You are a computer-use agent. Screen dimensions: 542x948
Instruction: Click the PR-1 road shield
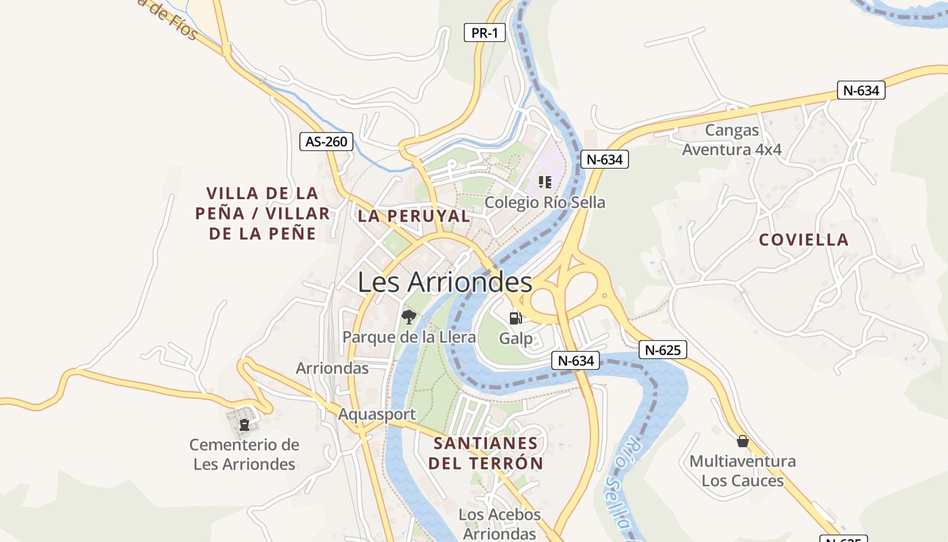[x=485, y=33]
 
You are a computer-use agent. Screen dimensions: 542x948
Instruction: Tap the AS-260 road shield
[x=326, y=142]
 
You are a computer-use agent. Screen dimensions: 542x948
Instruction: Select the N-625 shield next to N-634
[x=662, y=350]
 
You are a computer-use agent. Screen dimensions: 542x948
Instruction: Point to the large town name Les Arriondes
[x=445, y=283]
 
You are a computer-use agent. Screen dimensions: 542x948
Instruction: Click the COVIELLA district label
[x=803, y=240]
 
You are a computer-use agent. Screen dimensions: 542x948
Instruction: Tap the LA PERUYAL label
[x=414, y=216]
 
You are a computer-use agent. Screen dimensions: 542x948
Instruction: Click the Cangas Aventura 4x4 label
[x=731, y=140]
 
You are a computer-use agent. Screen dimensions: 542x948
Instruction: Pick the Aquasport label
[x=376, y=414]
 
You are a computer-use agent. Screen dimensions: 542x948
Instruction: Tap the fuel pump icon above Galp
[x=515, y=318]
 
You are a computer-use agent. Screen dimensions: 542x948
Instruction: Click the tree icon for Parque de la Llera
[x=408, y=316]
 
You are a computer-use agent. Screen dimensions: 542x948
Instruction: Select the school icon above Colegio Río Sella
[x=544, y=182]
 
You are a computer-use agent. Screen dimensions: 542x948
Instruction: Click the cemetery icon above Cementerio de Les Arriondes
[x=244, y=425]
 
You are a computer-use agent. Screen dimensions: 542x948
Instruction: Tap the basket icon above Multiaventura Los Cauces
[x=742, y=441]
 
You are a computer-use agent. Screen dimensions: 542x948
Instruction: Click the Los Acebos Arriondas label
[x=500, y=524]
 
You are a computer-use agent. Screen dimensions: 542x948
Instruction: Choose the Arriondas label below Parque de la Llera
[x=332, y=368]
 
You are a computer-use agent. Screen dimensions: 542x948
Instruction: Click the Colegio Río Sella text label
[x=544, y=203]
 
